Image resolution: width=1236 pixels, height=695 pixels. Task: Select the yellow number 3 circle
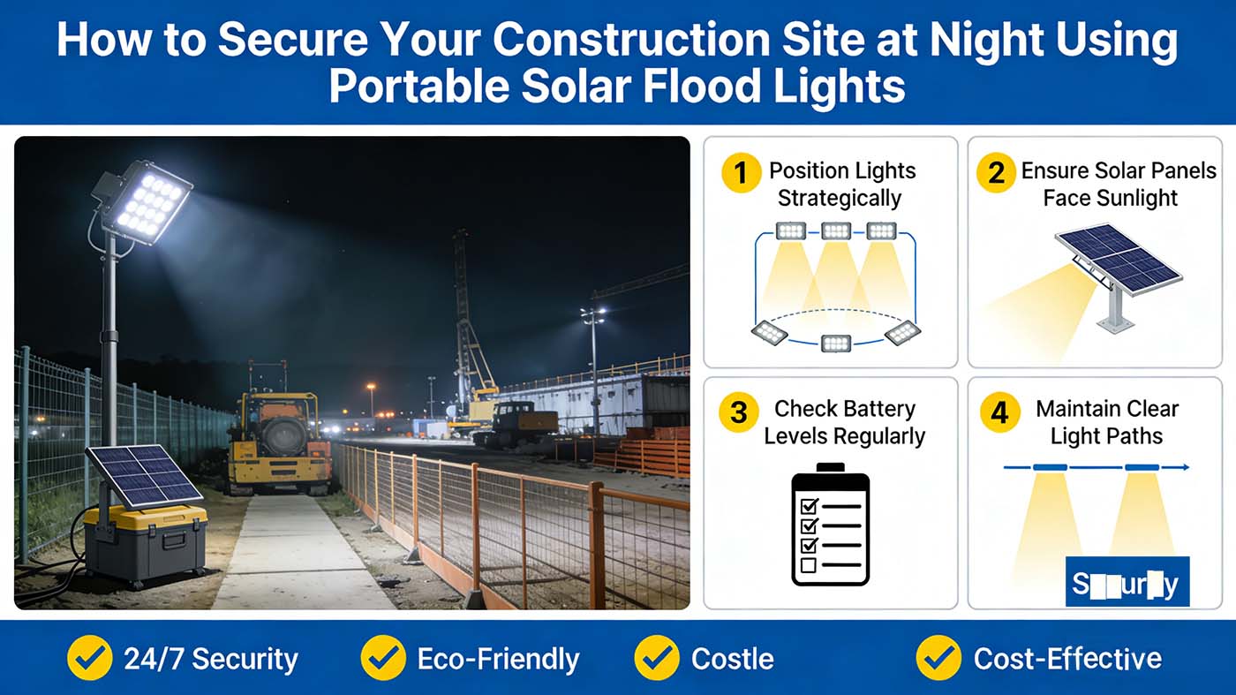point(740,412)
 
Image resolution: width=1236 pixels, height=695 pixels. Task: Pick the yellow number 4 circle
point(999,412)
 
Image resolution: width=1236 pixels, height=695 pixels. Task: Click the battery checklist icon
point(830,525)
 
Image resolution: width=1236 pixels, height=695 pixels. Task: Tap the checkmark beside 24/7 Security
point(89,658)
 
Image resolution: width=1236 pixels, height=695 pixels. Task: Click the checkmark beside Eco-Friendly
point(382,658)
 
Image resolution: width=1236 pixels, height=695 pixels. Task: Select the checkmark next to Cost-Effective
point(938,658)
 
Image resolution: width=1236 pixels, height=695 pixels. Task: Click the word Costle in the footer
point(732,659)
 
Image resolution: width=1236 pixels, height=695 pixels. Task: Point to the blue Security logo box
point(1127,583)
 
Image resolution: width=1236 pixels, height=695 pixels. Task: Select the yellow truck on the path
point(278,442)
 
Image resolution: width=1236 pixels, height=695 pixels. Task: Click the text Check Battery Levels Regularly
point(844,422)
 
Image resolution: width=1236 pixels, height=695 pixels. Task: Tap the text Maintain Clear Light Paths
point(1106,422)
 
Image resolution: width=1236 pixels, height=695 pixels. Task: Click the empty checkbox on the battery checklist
point(808,564)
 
